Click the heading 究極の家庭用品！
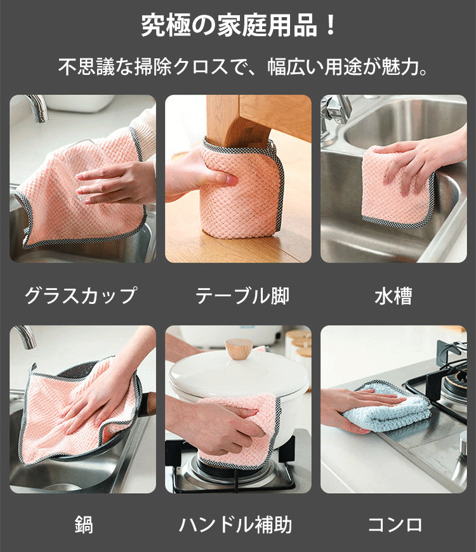point(239,25)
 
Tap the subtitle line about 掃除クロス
point(242,67)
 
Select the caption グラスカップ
point(81,296)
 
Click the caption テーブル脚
point(242,296)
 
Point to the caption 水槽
point(393,296)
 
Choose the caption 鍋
point(83,524)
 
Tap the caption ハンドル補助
point(235,525)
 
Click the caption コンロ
point(395,525)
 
